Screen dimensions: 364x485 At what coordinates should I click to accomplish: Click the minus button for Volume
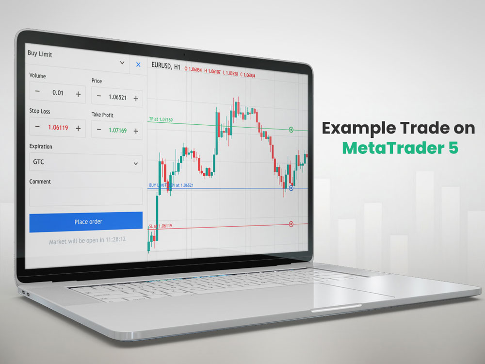[x=37, y=92]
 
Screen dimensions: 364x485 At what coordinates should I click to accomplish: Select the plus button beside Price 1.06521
[x=136, y=99]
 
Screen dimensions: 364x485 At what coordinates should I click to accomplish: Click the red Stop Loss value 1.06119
[x=58, y=128]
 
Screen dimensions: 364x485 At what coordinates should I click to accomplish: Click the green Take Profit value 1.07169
[x=117, y=130]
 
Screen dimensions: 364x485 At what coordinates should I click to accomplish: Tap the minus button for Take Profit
[x=99, y=130]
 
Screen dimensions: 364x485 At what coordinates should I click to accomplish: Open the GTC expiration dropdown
[x=86, y=163]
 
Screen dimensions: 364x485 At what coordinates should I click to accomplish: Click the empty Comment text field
[x=86, y=197]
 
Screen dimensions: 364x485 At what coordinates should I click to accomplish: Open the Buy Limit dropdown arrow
[x=122, y=63]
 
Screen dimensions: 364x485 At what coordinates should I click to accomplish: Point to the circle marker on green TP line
[x=291, y=130]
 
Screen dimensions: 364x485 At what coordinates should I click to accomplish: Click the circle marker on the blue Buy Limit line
[x=291, y=188]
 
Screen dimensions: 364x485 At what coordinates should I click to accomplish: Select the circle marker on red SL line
[x=291, y=224]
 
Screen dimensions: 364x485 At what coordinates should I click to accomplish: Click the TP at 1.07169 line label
[x=161, y=119]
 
